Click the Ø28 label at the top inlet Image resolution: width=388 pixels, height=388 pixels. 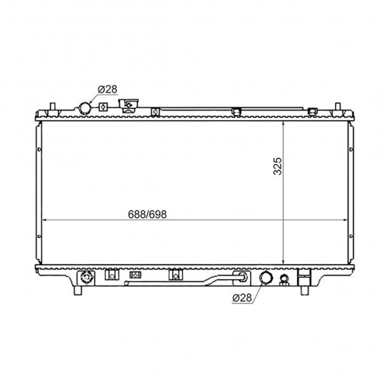tap(107, 90)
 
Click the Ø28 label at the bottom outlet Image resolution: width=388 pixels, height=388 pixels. tap(242, 298)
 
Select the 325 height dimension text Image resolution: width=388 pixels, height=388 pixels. tap(278, 166)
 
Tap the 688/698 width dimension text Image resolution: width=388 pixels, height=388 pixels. tap(147, 214)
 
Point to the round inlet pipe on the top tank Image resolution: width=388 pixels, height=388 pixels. tap(84, 108)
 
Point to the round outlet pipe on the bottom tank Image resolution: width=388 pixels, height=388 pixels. tap(266, 278)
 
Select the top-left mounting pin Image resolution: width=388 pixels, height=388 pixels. tap(52, 107)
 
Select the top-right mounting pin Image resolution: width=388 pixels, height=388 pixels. tap(337, 107)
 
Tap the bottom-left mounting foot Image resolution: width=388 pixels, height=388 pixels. tap(78, 290)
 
